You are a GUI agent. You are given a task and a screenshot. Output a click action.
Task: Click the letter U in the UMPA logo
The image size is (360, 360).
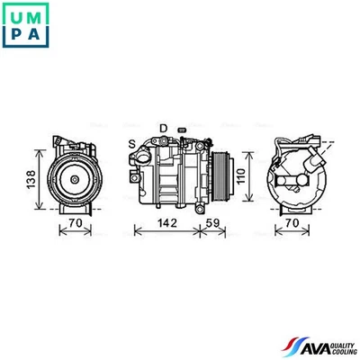click(x=14, y=13)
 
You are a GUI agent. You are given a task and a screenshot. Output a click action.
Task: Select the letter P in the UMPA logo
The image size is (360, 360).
click(x=14, y=37)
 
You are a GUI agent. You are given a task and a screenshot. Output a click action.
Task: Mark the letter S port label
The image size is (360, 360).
click(x=132, y=142)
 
